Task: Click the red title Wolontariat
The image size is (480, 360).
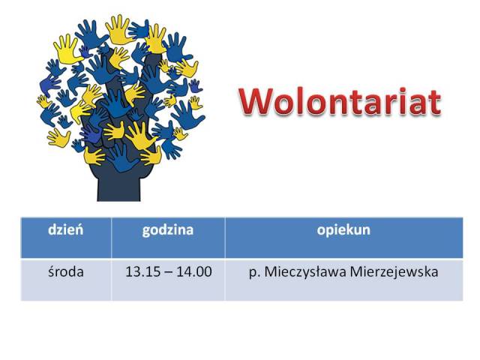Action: pos(340,101)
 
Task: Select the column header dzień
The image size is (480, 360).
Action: pos(65,229)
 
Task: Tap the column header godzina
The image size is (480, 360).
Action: pos(168,230)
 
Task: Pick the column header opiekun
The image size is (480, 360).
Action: pos(343,230)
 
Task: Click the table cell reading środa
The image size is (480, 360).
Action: pos(66,271)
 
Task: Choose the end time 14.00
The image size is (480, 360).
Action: pos(194,271)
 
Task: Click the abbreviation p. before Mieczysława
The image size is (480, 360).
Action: pos(254,273)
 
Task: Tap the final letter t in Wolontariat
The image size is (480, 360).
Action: pos(436,103)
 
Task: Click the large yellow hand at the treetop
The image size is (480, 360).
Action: pos(118,29)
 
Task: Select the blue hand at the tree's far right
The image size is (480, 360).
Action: pos(187,114)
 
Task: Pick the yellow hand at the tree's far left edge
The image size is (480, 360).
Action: pos(43,101)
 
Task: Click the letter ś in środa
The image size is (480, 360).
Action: pos(51,271)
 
